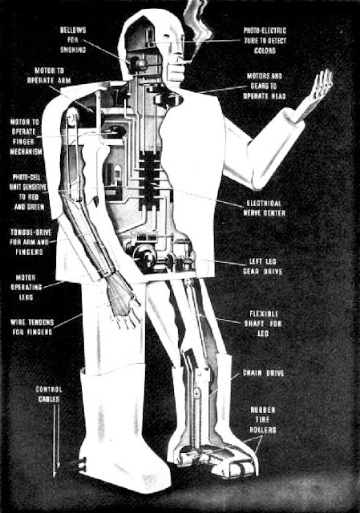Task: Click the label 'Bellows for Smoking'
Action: pyautogui.click(x=73, y=40)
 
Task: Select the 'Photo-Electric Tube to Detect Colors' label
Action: pyautogui.click(x=265, y=41)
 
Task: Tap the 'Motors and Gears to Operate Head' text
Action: pyautogui.click(x=264, y=86)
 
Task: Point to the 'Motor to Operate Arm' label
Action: pyautogui.click(x=49, y=75)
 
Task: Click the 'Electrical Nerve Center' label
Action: pyautogui.click(x=264, y=208)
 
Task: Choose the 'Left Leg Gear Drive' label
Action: pyautogui.click(x=262, y=266)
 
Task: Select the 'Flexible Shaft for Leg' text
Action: pyautogui.click(x=263, y=324)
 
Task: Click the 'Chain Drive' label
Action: pyautogui.click(x=263, y=373)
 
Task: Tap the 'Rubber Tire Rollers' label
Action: pyautogui.click(x=263, y=420)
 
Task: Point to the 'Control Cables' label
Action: pyautogui.click(x=49, y=394)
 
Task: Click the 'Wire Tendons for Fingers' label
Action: pyautogui.click(x=32, y=327)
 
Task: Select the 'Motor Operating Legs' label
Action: pyautogui.click(x=26, y=287)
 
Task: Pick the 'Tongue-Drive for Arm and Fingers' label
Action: pyautogui.click(x=30, y=242)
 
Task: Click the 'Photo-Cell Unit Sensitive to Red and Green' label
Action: pyautogui.click(x=28, y=192)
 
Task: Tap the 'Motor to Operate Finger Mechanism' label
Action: pyautogui.click(x=26, y=137)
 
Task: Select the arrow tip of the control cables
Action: pyautogui.click(x=55, y=475)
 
